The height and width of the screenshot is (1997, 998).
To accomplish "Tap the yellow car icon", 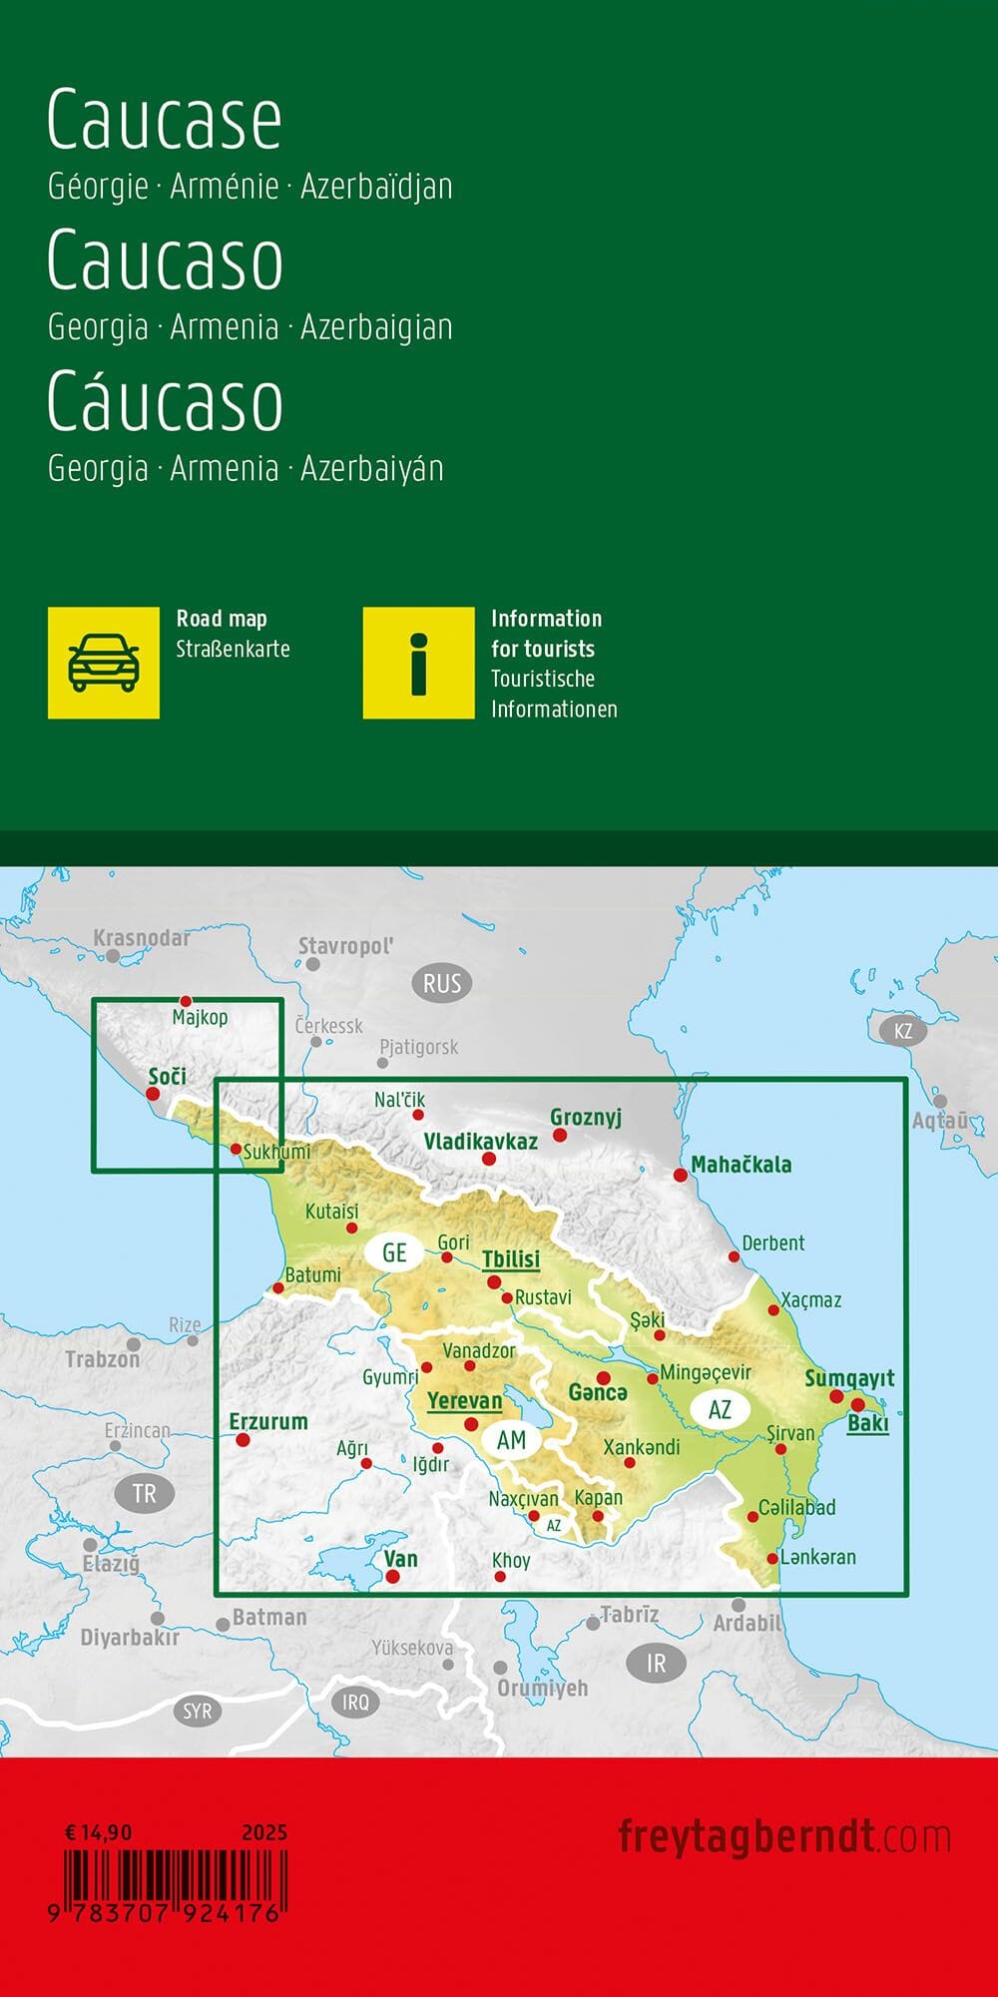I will click(104, 663).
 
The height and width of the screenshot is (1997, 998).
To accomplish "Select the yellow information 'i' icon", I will click(418, 663).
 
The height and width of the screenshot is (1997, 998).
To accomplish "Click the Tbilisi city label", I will click(511, 1258).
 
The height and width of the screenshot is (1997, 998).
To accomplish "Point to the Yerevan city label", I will click(464, 1400).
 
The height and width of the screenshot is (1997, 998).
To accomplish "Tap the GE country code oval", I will click(394, 1252).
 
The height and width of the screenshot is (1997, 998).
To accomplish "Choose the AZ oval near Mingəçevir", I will click(720, 1409).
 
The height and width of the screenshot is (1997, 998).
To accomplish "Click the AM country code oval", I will click(511, 1440).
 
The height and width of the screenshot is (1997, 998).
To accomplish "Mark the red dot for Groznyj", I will click(560, 1136).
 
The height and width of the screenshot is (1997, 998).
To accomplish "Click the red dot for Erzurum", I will click(242, 1440).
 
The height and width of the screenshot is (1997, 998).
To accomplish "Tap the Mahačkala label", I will click(742, 1164).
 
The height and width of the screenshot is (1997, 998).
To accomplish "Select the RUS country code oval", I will click(442, 984).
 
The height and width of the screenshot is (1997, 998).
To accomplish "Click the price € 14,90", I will click(98, 1832).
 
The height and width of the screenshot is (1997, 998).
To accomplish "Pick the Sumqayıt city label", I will click(849, 1378).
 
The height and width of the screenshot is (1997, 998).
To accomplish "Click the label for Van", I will click(401, 1559).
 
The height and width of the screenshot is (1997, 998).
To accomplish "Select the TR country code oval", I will click(145, 1494).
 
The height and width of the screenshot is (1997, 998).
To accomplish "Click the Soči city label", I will click(167, 1076).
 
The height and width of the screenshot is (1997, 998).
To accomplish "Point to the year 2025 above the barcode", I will click(263, 1832).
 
